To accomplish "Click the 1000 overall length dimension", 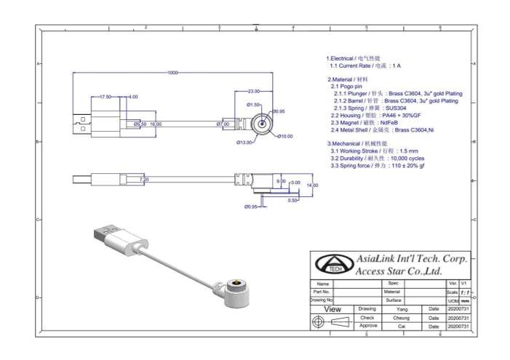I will coord(172,73).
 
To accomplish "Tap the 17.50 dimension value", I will coord(105,97).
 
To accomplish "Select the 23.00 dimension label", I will coord(253,92).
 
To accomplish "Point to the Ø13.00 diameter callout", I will coord(244,143).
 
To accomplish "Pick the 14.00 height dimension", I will coord(312,185).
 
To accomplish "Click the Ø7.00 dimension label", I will coord(223,124).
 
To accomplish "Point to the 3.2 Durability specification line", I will coord(377,158).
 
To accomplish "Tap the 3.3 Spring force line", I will coord(378,166).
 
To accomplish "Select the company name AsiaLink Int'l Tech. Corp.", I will coord(412,259).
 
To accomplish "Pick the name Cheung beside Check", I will coord(402,318).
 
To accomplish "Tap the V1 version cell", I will coord(464,283).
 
